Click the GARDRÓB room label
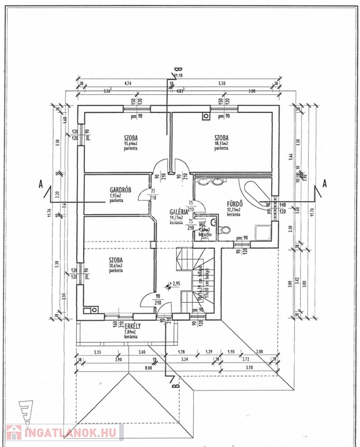click(x=120, y=190)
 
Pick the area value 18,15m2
click(x=222, y=143)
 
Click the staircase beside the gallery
click(x=195, y=274)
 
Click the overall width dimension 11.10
click(x=178, y=76)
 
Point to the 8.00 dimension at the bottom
click(x=148, y=368)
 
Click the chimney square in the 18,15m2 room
click(x=206, y=116)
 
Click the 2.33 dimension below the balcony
click(x=97, y=352)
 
